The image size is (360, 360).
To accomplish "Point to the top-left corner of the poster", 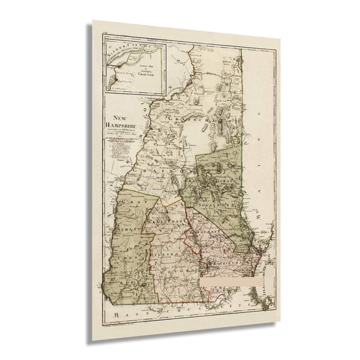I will click(94, 21).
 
